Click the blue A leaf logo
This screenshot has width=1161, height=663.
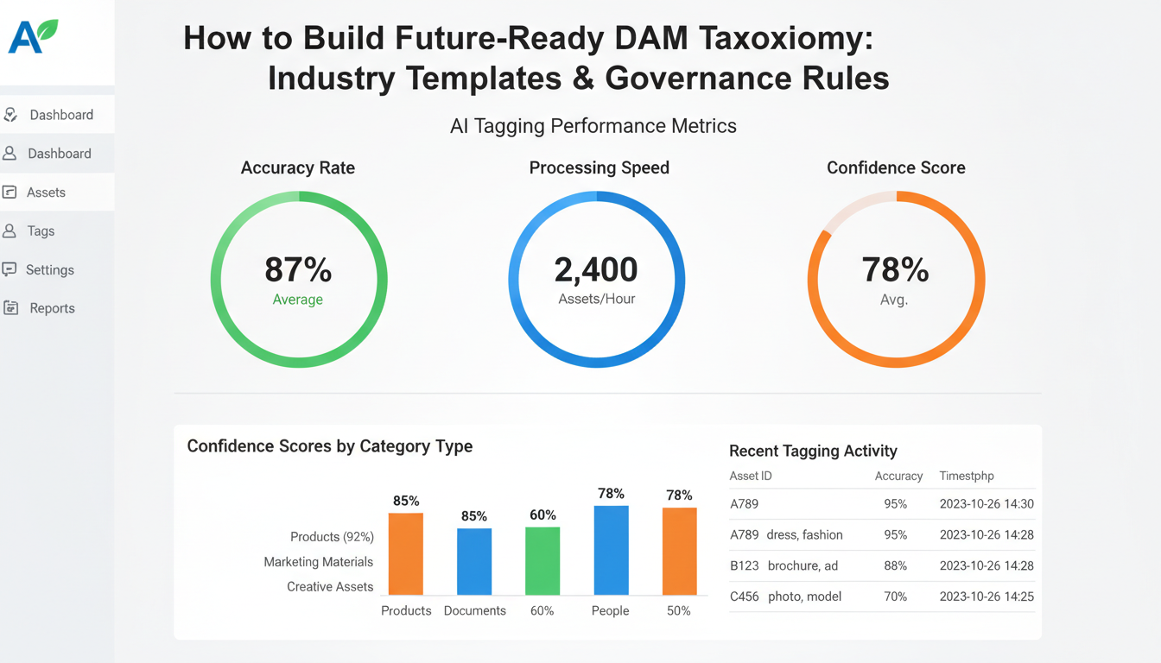[33, 37]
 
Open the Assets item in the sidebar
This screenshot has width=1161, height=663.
[46, 193]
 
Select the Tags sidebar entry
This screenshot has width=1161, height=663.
[41, 231]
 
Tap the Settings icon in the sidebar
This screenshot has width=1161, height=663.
[10, 269]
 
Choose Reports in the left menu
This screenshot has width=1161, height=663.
[52, 308]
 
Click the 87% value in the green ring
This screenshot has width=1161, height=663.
[298, 269]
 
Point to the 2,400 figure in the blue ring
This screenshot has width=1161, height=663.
[596, 270]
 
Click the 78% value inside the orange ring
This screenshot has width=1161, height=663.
[895, 270]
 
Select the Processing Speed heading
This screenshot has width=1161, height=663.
[599, 167]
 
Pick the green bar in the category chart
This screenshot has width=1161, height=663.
[542, 560]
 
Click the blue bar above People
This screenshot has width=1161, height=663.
[611, 550]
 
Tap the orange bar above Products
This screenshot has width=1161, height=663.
[406, 553]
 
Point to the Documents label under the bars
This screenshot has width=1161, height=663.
[474, 610]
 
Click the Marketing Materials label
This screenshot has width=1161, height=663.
[318, 562]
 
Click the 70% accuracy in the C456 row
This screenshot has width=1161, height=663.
[896, 597]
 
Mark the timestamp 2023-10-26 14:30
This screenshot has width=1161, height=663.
[987, 504]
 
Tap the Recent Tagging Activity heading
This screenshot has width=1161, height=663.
[813, 451]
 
